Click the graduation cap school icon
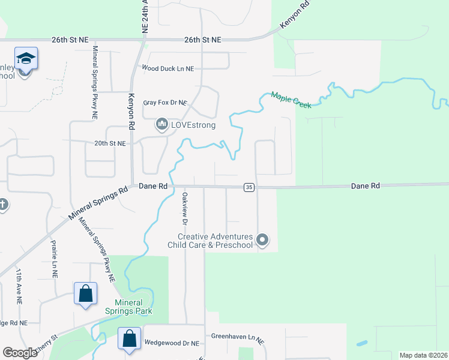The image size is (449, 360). pyautogui.click(x=26, y=58)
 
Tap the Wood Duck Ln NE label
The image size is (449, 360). pyautogui.click(x=167, y=68)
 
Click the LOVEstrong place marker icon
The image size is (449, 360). pyautogui.click(x=161, y=125)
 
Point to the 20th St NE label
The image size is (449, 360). pyautogui.click(x=110, y=144)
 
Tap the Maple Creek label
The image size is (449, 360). pyautogui.click(x=291, y=100)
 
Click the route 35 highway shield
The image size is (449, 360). pyautogui.click(x=249, y=187)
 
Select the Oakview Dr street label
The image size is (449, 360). pyautogui.click(x=185, y=209)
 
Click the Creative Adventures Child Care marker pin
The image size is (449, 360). pyautogui.click(x=262, y=241)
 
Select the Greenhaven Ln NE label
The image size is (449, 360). pyautogui.click(x=237, y=337)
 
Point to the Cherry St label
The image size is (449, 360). pyautogui.click(x=48, y=340)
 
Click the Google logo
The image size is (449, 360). pyautogui.click(x=20, y=353)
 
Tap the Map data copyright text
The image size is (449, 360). pyautogui.click(x=423, y=355)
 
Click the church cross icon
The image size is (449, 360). pyautogui.click(x=2, y=205)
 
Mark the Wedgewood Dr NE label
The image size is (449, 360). pyautogui.click(x=171, y=343)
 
